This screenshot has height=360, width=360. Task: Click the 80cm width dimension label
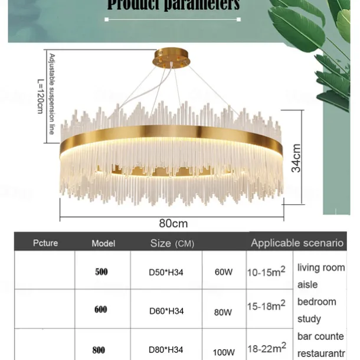(173, 223)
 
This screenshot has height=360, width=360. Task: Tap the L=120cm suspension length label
(40, 97)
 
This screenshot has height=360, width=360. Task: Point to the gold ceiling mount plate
(174, 59)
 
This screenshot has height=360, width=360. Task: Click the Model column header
(103, 243)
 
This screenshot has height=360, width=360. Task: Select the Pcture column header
(45, 243)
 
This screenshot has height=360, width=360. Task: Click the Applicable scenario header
(297, 243)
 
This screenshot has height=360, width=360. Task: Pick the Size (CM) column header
(172, 243)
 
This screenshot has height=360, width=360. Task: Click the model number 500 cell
(102, 272)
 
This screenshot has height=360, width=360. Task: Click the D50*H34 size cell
(166, 273)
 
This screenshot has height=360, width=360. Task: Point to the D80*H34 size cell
(166, 350)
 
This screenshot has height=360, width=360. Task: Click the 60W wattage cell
(223, 273)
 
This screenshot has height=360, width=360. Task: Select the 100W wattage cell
(223, 352)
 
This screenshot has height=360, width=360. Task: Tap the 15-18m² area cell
(266, 306)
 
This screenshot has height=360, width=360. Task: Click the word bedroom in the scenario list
(316, 302)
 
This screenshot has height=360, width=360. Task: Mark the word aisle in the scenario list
(307, 284)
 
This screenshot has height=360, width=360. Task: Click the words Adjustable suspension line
(51, 94)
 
